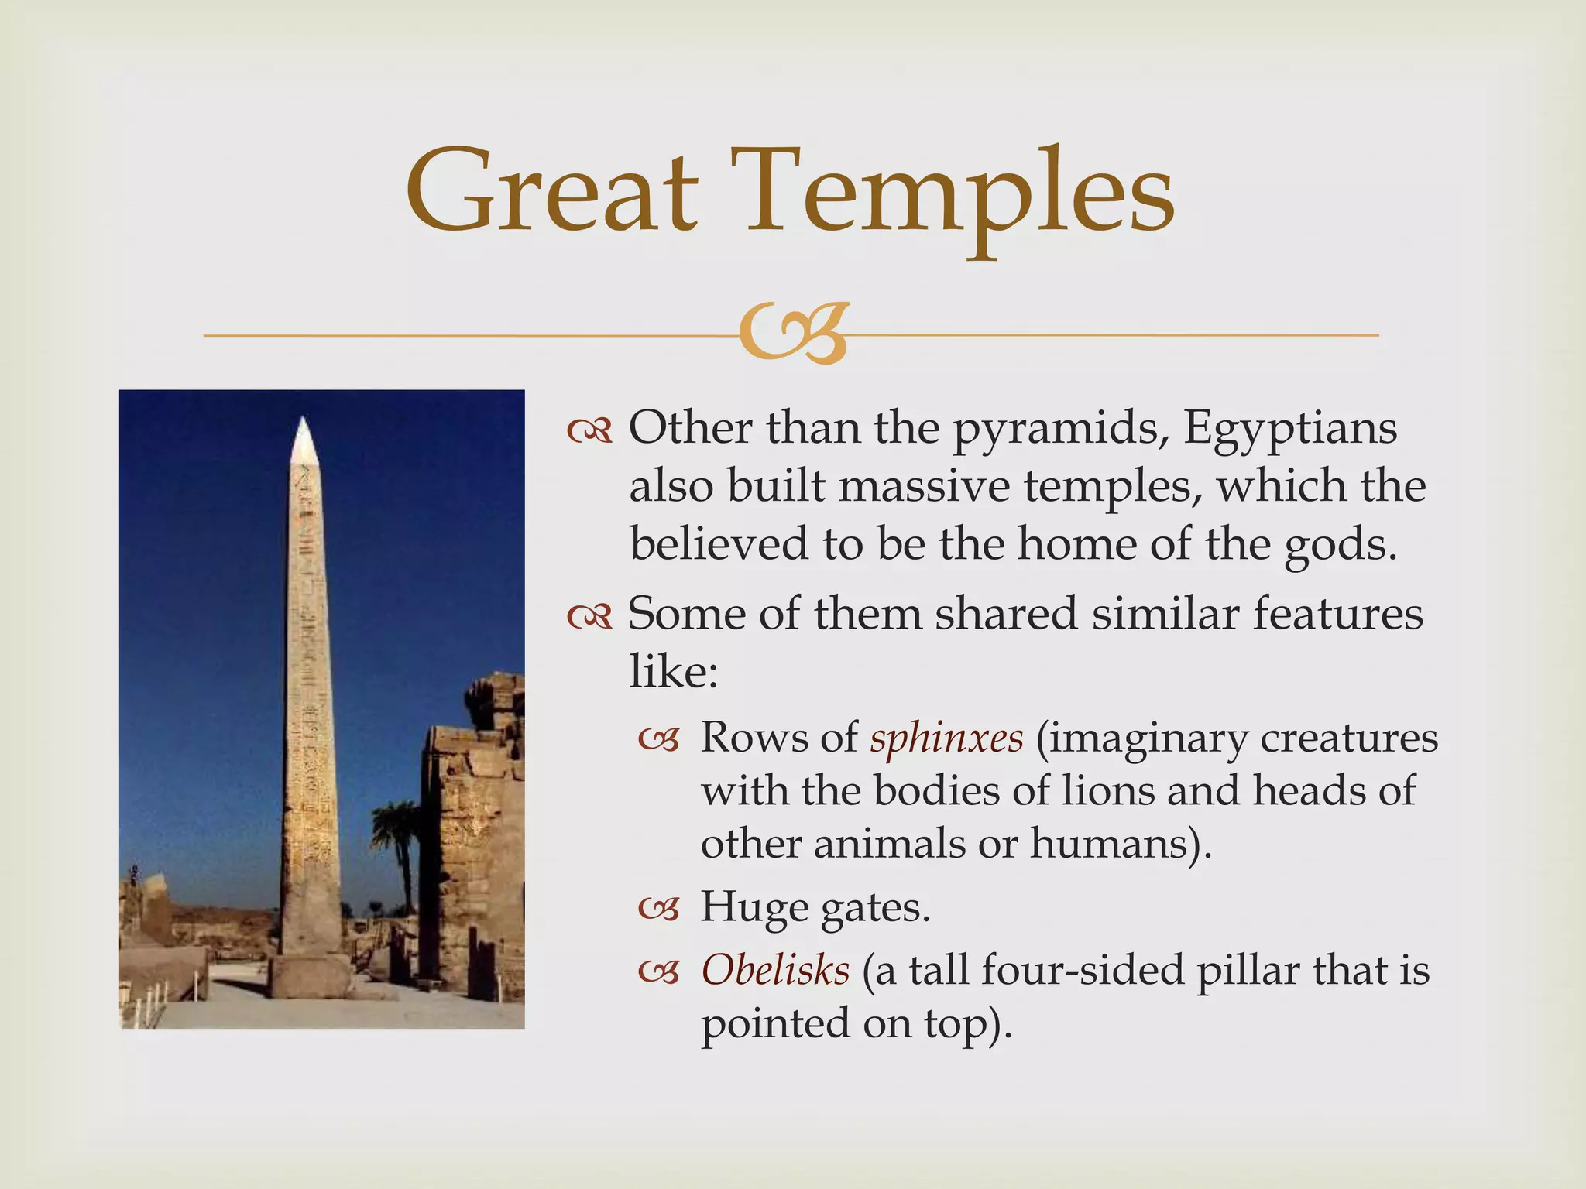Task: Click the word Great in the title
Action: click(551, 194)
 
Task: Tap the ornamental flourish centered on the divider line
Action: click(791, 335)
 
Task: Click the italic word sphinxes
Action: click(946, 738)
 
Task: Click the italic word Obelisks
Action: click(775, 971)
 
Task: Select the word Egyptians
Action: click(1290, 428)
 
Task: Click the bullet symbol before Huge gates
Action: click(658, 909)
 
